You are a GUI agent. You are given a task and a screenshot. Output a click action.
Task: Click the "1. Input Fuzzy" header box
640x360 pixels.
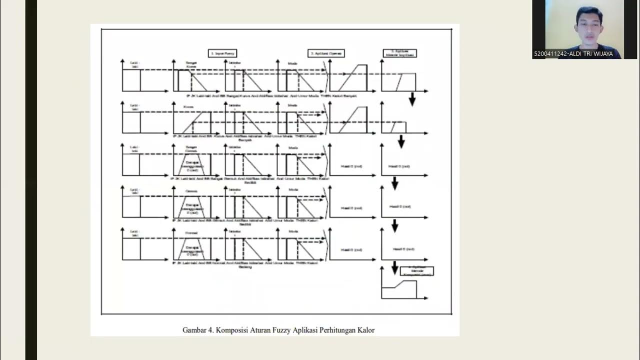(x=222, y=53)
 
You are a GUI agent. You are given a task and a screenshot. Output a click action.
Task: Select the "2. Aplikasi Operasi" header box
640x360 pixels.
(x=326, y=53)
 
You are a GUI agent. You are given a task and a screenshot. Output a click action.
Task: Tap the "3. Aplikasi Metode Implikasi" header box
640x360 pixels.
(x=400, y=53)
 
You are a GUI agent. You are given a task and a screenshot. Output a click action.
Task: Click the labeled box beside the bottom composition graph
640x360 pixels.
(x=416, y=271)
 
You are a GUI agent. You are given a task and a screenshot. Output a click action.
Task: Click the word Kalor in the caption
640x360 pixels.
(x=365, y=330)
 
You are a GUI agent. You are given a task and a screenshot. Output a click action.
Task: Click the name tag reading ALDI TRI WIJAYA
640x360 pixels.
(x=573, y=54)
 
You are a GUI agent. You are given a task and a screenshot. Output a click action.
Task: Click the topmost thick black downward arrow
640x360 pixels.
(x=412, y=99)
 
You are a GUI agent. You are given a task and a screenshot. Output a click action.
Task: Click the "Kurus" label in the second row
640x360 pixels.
(x=188, y=106)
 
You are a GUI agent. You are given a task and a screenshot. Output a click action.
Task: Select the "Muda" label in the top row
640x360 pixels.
(x=292, y=63)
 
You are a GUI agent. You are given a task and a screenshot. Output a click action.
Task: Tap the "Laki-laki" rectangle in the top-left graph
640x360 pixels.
(x=131, y=80)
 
